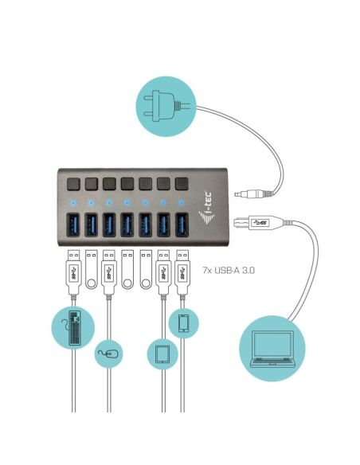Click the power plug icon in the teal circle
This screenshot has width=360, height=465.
162,106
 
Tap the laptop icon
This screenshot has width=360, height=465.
272,349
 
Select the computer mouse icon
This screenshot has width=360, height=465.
108,354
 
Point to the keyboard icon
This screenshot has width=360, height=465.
76,328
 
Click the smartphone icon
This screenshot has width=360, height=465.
184,323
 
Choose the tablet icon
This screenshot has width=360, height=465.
162,354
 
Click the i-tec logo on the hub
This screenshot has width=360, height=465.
206,208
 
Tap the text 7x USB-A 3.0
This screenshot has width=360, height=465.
229,270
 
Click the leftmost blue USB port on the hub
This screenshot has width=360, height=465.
73,225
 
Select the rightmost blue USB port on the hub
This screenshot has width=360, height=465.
182,225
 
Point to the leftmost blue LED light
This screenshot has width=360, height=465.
73,203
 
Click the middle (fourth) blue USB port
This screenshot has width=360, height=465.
127,225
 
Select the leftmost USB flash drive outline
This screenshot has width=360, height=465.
92,269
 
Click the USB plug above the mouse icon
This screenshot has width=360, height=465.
109,273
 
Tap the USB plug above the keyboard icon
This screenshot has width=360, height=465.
73,273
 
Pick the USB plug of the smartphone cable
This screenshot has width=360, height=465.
182,273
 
